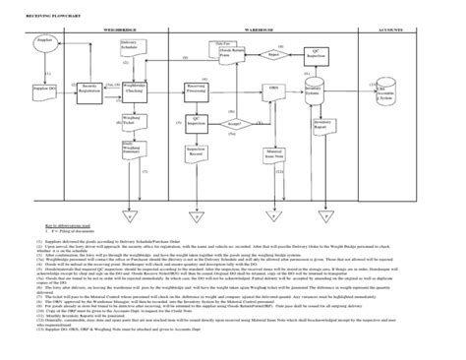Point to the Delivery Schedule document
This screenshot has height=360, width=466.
[x=131, y=46]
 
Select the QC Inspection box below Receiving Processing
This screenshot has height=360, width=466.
[x=201, y=124]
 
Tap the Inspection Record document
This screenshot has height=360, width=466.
[x=201, y=153]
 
